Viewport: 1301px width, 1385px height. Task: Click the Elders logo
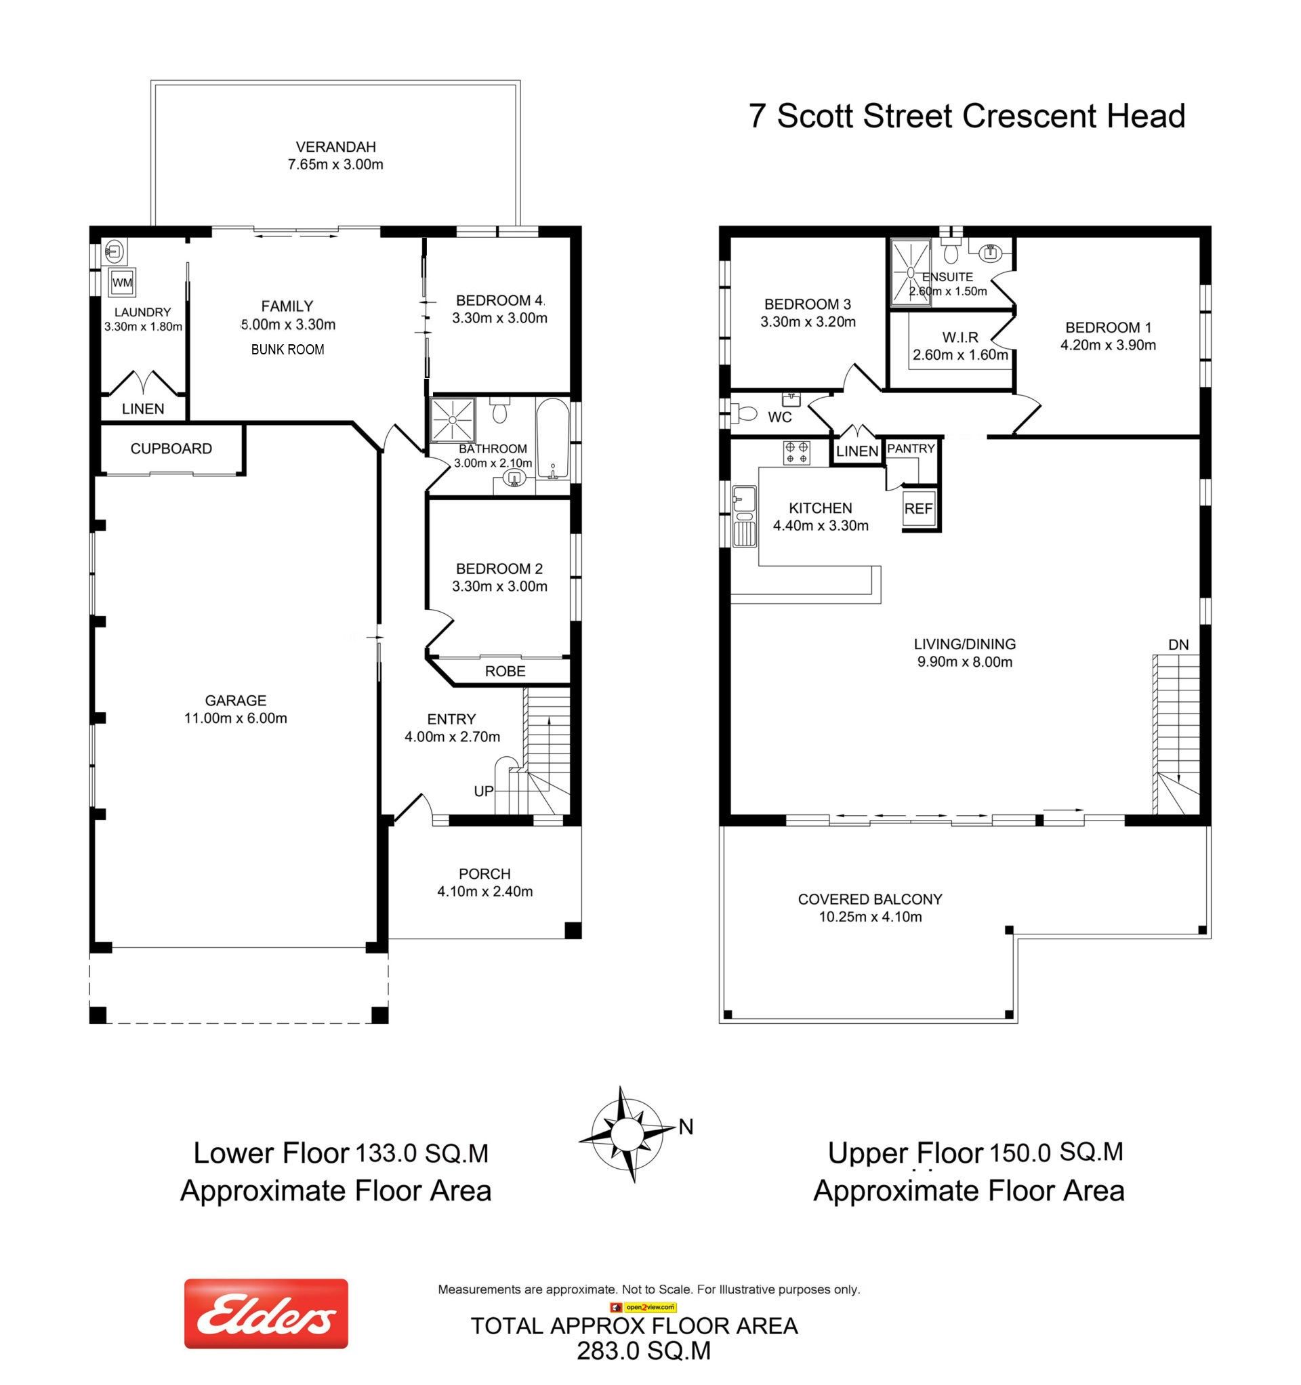pos(266,1313)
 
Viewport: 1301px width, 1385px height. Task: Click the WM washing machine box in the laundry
pos(122,283)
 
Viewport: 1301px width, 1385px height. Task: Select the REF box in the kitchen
pos(917,510)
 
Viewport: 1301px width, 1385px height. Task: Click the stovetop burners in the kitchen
pos(797,453)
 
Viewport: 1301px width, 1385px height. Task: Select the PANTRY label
pos(911,449)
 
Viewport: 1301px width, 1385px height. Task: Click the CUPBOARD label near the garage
pos(171,449)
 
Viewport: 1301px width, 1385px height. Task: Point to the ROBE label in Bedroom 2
pos(505,671)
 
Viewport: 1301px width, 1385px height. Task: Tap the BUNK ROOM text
pos(288,350)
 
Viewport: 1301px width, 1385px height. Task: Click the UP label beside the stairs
pos(484,791)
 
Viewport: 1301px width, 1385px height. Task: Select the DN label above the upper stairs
pos(1178,645)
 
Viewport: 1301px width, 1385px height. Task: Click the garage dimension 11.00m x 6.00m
pos(236,718)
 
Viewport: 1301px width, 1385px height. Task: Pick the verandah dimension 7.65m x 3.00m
pos(336,165)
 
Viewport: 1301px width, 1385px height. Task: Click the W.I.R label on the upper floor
pos(960,337)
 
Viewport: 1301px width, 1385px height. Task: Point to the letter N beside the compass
pos(686,1127)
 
